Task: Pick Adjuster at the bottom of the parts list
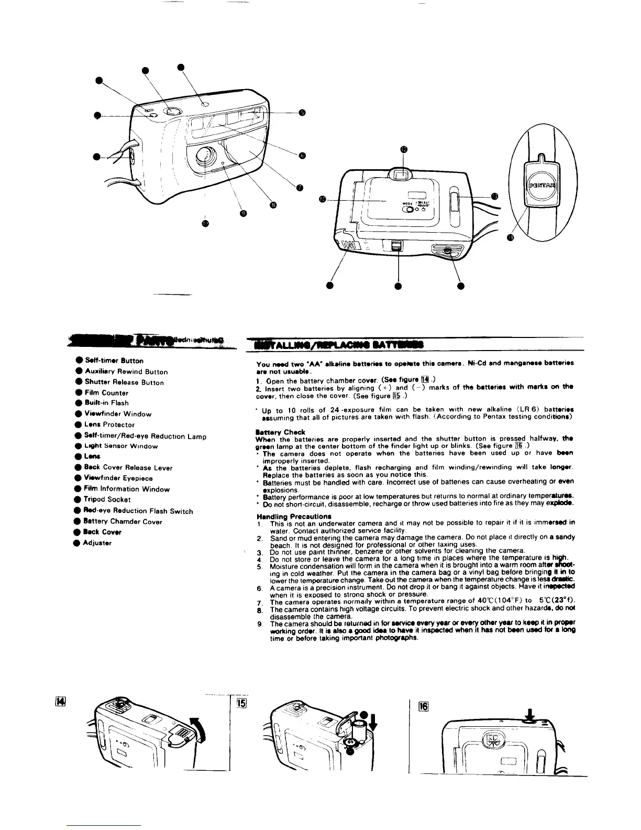point(97,543)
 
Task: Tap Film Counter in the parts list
point(106,392)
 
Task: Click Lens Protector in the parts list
point(109,424)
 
